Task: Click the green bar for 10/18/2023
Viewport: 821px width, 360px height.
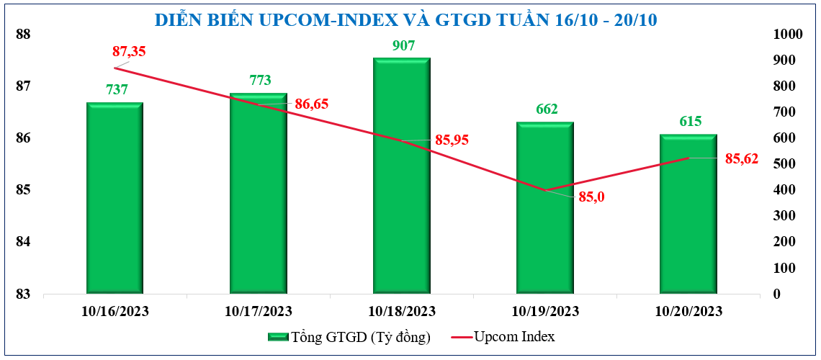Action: [x=401, y=176]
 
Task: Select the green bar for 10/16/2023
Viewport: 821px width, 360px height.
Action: [x=115, y=198]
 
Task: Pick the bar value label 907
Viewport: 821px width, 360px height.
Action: [x=403, y=46]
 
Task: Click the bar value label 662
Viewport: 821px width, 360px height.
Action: [x=547, y=109]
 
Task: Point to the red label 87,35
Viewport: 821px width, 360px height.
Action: [x=130, y=51]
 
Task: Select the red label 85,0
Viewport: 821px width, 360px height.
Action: [x=591, y=196]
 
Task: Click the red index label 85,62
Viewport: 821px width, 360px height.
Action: [x=741, y=159]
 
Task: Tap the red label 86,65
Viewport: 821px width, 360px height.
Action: [x=311, y=104]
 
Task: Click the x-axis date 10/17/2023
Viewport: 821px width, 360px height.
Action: [x=258, y=311]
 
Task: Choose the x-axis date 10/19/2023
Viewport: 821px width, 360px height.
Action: [x=544, y=311]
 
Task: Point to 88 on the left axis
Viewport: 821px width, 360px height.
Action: [x=24, y=35]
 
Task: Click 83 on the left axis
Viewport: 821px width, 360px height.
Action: [x=24, y=294]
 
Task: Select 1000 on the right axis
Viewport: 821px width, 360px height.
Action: [x=786, y=35]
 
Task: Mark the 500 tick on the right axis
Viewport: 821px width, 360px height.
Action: [x=784, y=164]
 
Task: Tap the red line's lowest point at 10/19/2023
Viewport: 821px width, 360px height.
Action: [x=545, y=191]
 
